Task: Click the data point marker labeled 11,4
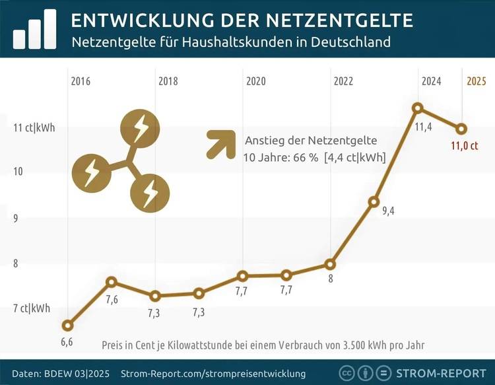click(x=417, y=108)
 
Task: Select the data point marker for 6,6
click(x=67, y=326)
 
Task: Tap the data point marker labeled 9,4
click(x=374, y=201)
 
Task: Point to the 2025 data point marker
click(x=461, y=129)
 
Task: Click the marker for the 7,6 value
click(x=111, y=282)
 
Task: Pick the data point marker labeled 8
click(x=330, y=265)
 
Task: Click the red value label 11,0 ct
click(x=465, y=146)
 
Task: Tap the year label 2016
click(x=81, y=82)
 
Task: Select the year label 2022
click(x=343, y=82)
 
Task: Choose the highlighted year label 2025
click(x=476, y=82)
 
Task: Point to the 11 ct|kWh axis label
click(x=35, y=127)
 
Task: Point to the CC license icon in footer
click(x=346, y=372)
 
